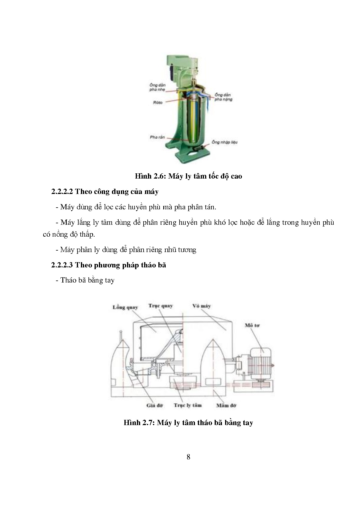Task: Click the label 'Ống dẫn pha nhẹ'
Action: (x=158, y=87)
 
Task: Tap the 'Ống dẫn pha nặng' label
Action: (x=223, y=97)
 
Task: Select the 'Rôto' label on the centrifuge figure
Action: (x=158, y=102)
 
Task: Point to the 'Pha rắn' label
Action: (x=157, y=137)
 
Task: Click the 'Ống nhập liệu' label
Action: (x=224, y=142)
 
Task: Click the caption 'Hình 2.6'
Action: (x=147, y=176)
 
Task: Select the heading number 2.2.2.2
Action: (x=62, y=192)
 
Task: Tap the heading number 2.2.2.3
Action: (x=62, y=265)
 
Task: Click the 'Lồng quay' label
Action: (x=125, y=307)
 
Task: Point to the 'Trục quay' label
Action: (x=160, y=306)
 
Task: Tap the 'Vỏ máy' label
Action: (x=201, y=306)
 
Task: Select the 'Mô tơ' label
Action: (x=252, y=325)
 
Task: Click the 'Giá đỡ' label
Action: (x=154, y=405)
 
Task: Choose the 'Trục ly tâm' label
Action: (x=187, y=405)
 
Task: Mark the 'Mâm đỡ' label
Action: (x=226, y=405)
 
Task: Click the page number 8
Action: (x=188, y=457)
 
